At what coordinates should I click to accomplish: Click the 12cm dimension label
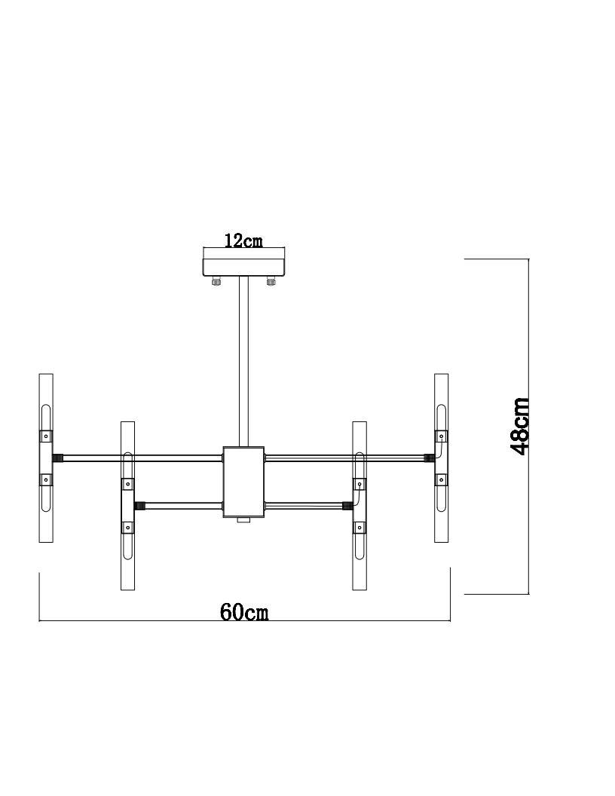click(243, 240)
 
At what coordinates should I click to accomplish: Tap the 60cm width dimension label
click(244, 611)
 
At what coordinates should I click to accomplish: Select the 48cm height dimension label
click(520, 426)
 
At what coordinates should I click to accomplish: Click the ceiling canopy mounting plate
click(243, 267)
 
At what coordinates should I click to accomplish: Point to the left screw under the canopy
click(216, 283)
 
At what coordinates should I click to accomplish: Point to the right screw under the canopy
click(271, 283)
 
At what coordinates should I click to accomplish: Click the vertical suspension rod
click(244, 362)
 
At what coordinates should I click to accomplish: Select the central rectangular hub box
click(244, 482)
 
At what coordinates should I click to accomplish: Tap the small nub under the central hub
click(244, 520)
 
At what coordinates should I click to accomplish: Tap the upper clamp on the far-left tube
click(46, 436)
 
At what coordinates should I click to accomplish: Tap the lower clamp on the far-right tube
click(442, 479)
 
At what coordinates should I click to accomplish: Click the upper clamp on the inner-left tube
click(128, 484)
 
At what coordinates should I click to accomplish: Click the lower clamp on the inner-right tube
click(360, 527)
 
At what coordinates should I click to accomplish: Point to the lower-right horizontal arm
click(305, 505)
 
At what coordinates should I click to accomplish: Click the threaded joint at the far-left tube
click(57, 457)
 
